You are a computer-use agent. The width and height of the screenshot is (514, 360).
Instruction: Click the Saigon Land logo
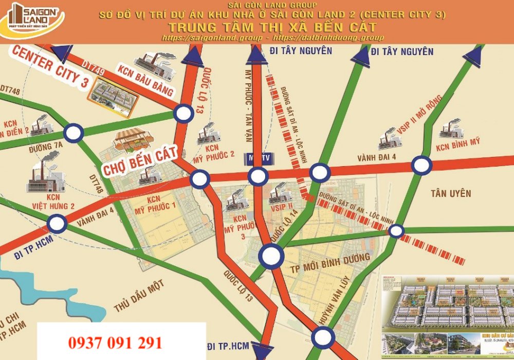click(32, 20)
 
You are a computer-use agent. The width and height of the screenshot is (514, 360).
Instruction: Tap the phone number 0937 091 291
click(115, 343)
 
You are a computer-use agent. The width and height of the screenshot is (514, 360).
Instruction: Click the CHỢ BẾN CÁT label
click(140, 160)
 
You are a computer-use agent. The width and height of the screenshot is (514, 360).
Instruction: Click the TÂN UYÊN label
click(451, 193)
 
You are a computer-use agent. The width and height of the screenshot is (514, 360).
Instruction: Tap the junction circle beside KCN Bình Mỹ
click(422, 166)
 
